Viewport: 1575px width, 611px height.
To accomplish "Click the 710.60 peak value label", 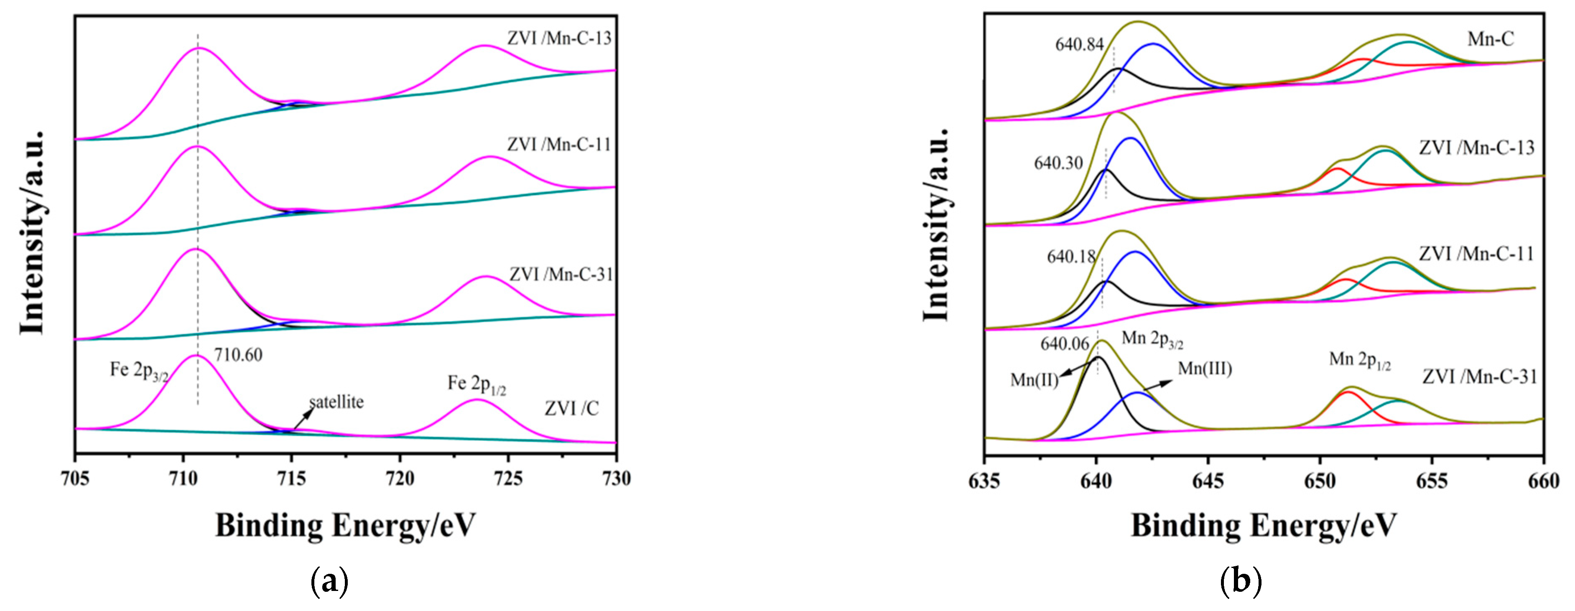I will pyautogui.click(x=238, y=355).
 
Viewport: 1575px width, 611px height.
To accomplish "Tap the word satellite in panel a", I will pyautogui.click(x=336, y=402).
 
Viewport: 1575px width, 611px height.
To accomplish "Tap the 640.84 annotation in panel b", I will pyautogui.click(x=1079, y=45).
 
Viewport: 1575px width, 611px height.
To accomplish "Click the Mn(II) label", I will pyautogui.click(x=1034, y=380).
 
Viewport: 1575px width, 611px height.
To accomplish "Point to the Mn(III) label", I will pyautogui.click(x=1205, y=369).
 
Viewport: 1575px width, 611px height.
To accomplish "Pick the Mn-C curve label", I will pyautogui.click(x=1491, y=39).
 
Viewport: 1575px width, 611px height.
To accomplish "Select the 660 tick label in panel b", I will pyautogui.click(x=1543, y=481).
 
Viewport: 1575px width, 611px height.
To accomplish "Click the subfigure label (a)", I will pyautogui.click(x=330, y=580).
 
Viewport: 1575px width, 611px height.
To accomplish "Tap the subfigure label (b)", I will pyautogui.click(x=1241, y=580).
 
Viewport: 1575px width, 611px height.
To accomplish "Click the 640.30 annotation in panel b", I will pyautogui.click(x=1058, y=163).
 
